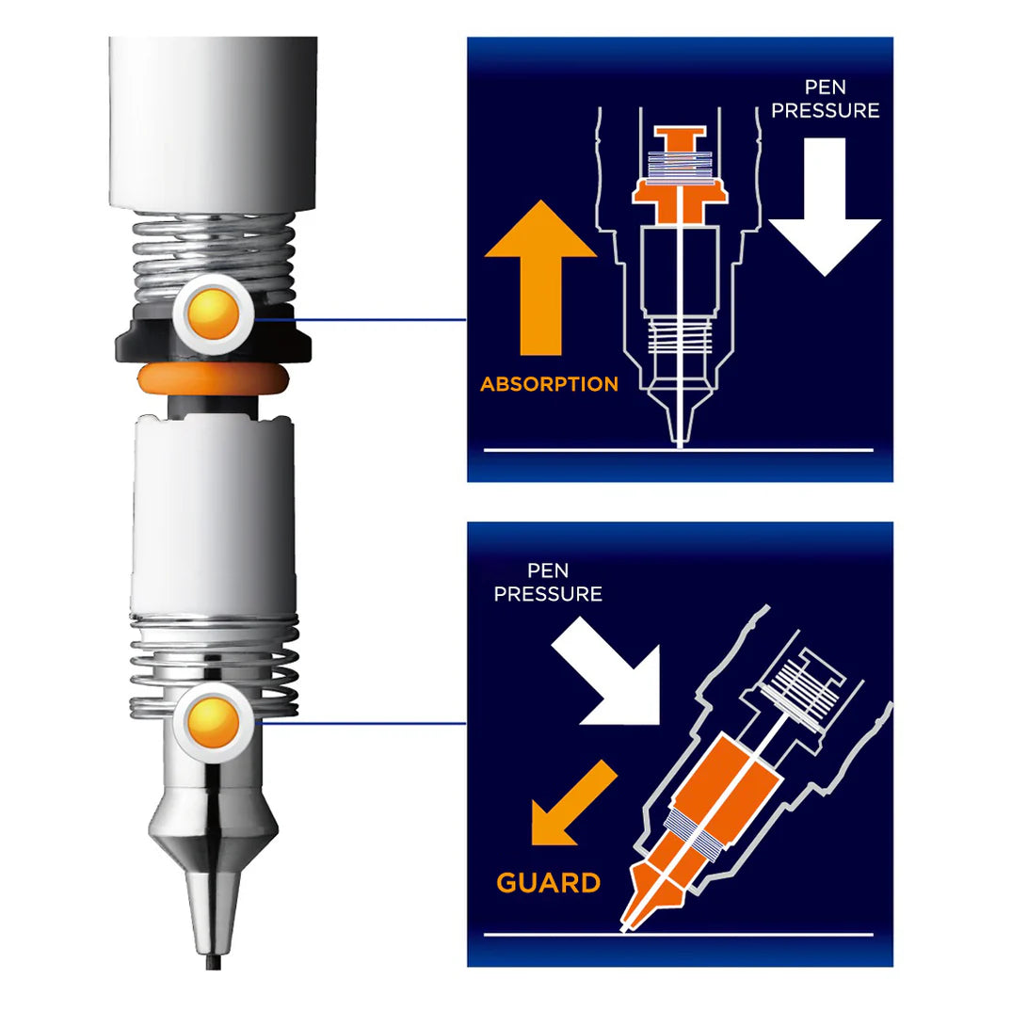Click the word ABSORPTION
549,384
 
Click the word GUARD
548,883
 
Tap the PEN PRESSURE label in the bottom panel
548,583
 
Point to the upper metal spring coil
211,254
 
